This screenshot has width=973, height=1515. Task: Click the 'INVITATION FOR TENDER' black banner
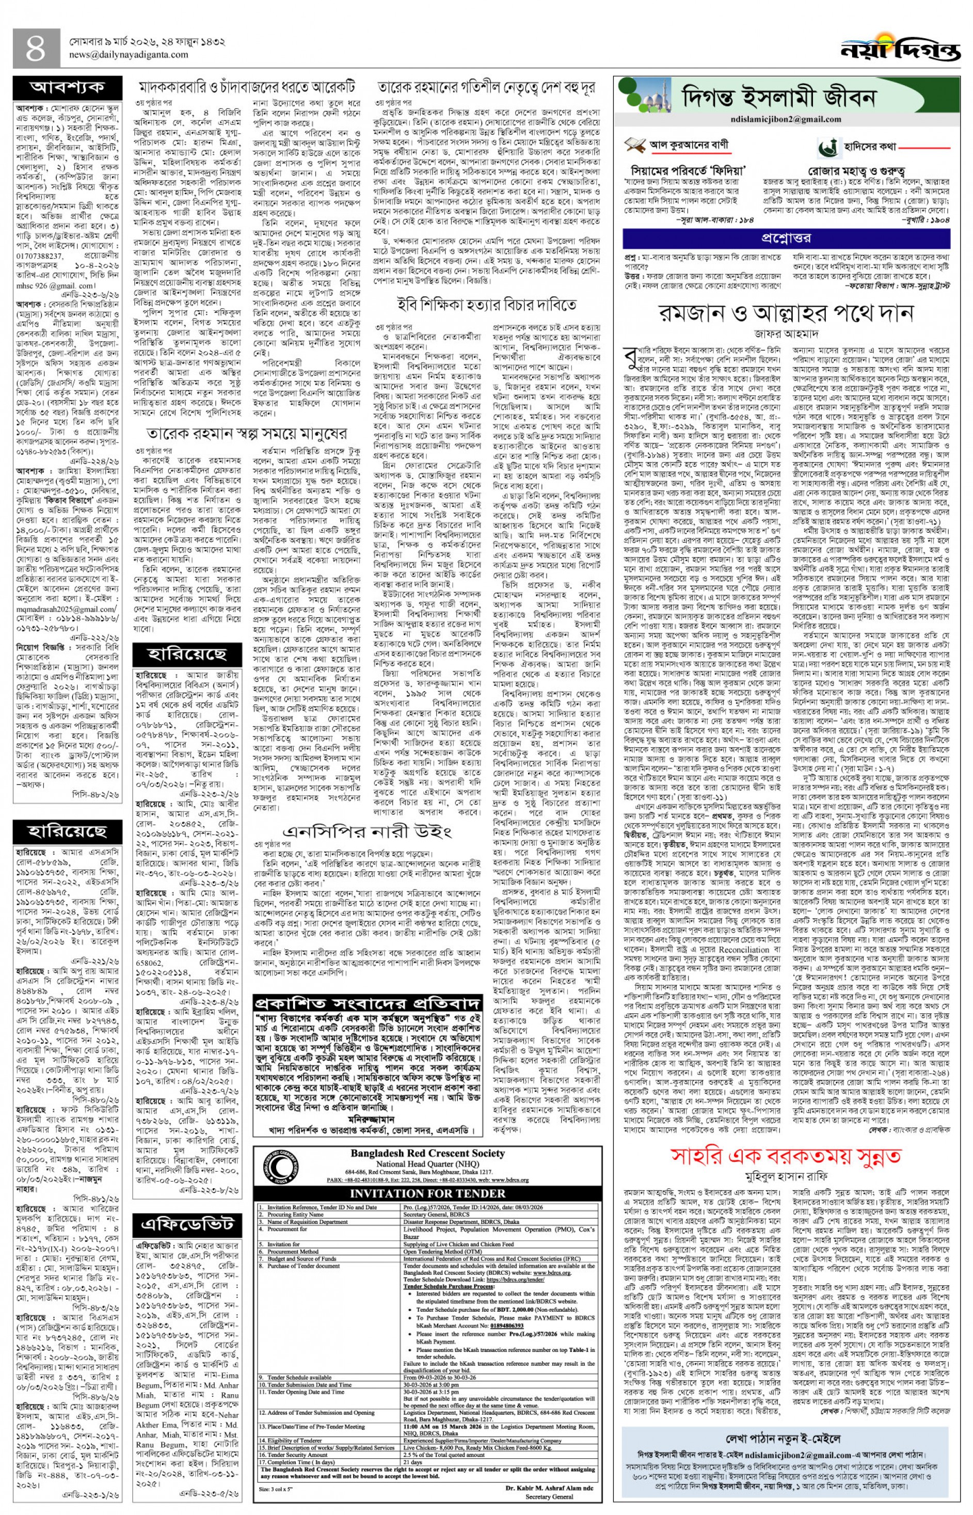pos(427,1194)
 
